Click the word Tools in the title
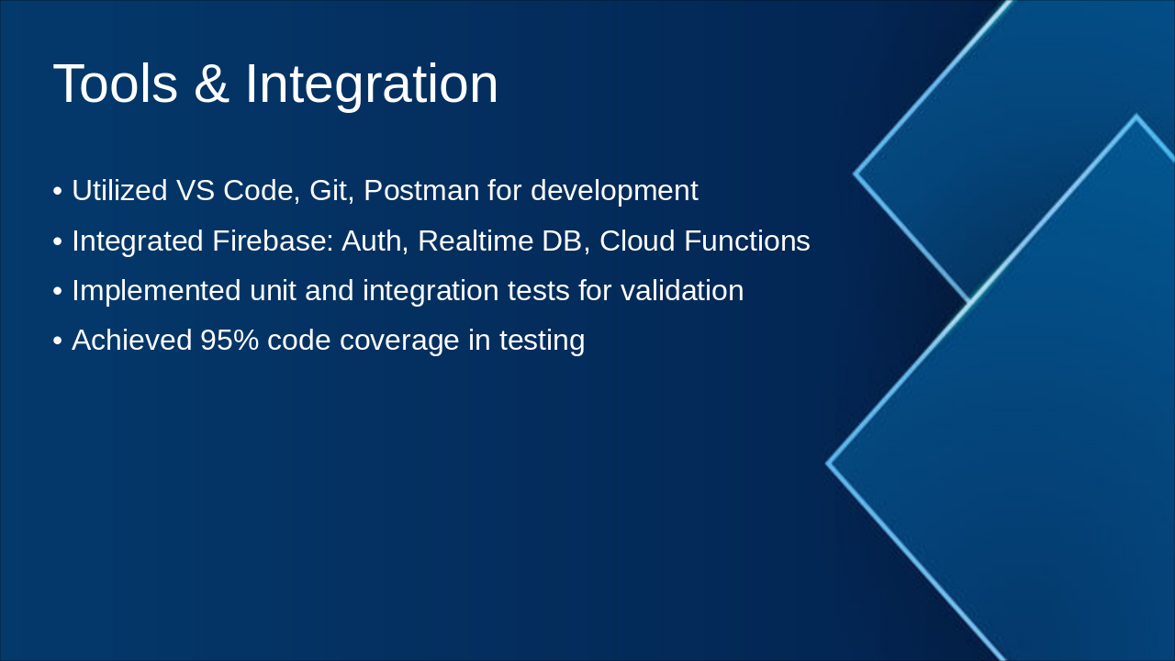coord(116,84)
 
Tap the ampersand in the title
coord(212,84)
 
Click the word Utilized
coord(119,190)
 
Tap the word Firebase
coord(274,241)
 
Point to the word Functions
coord(747,241)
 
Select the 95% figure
coord(229,340)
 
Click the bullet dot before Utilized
coord(58,191)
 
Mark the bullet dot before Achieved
coord(58,341)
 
